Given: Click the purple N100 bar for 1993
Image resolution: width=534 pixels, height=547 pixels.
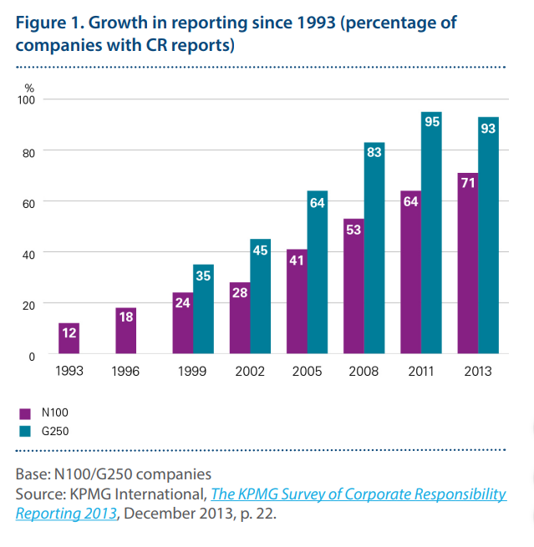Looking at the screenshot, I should coord(69,338).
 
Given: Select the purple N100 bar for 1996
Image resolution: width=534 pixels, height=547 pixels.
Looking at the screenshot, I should coord(125,331).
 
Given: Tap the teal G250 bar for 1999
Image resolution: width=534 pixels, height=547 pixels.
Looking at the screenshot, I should coord(203,309).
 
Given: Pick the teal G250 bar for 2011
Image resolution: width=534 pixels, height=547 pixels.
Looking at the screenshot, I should coord(431,233).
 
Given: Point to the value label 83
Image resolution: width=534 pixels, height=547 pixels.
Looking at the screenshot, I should coord(374,153).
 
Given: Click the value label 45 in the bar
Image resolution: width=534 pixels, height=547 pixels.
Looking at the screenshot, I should coord(261,250).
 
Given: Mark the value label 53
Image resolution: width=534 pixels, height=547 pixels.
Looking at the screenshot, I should coord(353,229).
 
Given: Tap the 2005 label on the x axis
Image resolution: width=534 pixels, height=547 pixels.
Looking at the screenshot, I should coord(307,371).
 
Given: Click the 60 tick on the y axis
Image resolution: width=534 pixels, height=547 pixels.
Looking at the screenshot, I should coord(29,202).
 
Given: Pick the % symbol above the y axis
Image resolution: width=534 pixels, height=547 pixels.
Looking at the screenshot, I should coord(29,87).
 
